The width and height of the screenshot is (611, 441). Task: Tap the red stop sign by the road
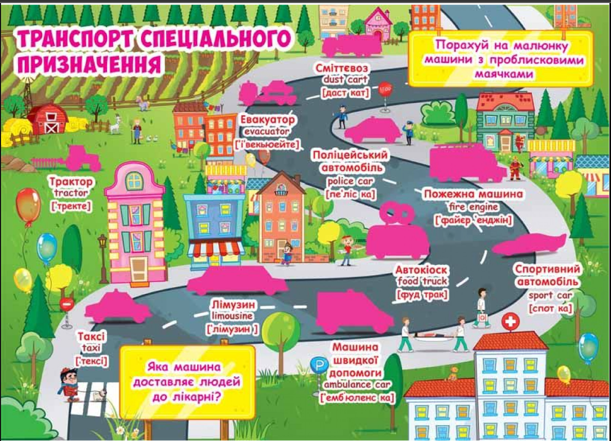tap(385, 90)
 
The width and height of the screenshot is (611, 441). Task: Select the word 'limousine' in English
tap(232, 315)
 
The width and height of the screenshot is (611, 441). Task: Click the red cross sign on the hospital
tap(510, 323)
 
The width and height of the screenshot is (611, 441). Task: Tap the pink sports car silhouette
tap(530, 244)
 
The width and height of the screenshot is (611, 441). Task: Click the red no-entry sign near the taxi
tap(67, 304)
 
